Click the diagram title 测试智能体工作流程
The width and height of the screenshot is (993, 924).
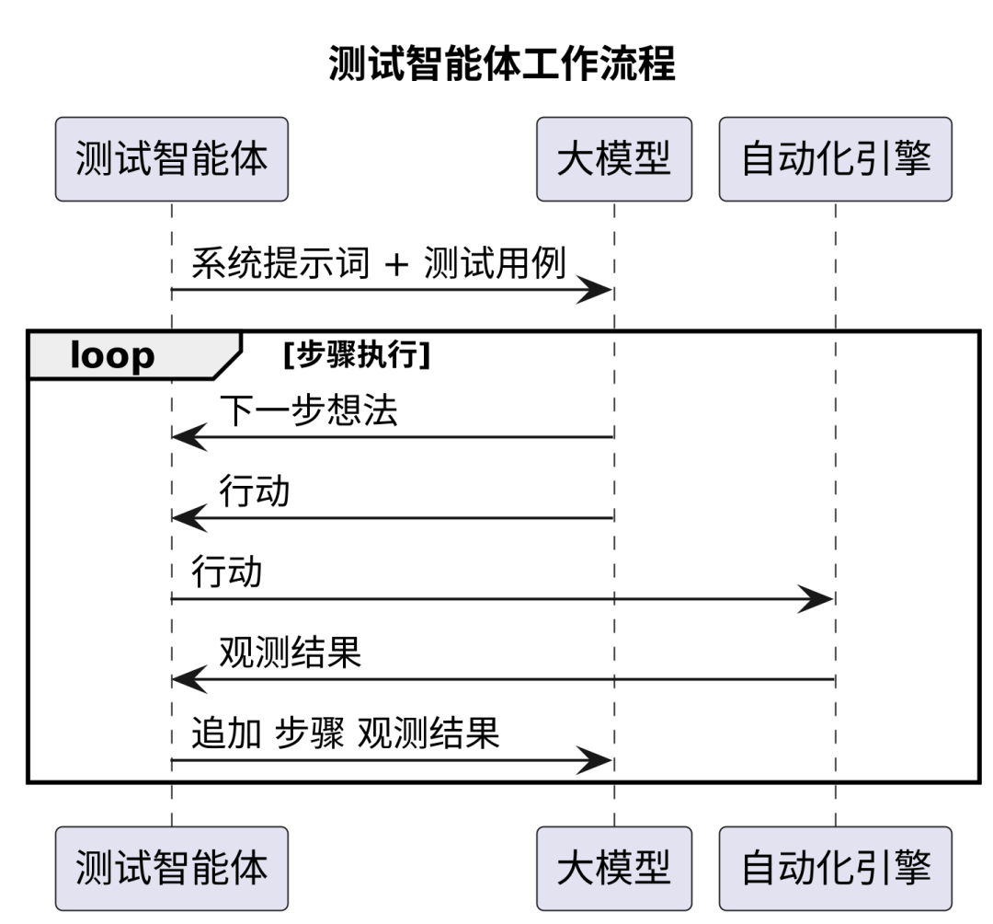point(502,65)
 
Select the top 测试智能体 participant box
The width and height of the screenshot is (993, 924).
point(172,159)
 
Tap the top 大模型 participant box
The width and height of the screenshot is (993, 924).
point(613,159)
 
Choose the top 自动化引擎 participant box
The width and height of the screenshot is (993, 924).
point(835,159)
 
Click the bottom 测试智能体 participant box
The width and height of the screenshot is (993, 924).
point(172,868)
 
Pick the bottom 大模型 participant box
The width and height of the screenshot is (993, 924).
point(613,868)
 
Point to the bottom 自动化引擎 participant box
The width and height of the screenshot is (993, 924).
point(835,868)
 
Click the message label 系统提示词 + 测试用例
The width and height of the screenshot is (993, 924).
point(378,264)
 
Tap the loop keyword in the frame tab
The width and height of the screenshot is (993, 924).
point(112,356)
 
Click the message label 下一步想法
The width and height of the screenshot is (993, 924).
point(308,411)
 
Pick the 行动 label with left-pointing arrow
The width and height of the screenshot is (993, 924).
point(254,492)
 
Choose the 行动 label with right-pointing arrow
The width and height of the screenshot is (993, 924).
point(226,572)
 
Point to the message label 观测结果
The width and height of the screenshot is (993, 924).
point(290,653)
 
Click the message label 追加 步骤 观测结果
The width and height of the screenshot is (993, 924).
point(345,734)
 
